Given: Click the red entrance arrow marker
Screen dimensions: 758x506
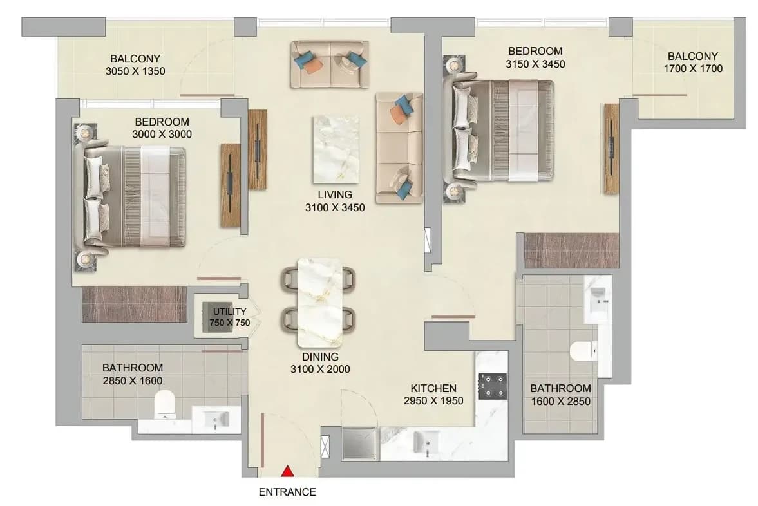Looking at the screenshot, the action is (288, 471).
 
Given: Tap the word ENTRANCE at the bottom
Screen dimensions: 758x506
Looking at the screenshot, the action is (287, 492).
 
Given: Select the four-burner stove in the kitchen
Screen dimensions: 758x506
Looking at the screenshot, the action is (493, 386).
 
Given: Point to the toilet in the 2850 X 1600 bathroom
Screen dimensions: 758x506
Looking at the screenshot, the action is (164, 404).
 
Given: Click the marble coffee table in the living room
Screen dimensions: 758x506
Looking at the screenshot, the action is (336, 149).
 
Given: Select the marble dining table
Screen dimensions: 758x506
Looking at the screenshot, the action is (319, 303).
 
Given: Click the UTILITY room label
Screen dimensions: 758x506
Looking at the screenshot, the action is (230, 311).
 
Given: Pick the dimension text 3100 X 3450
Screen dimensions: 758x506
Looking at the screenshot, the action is (334, 208).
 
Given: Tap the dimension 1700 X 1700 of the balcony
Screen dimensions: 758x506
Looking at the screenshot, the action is (693, 69).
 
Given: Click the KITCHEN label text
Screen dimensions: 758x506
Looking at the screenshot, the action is (433, 388).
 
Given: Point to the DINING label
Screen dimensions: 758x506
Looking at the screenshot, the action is (320, 357).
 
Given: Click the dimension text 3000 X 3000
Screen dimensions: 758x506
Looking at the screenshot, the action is (162, 135).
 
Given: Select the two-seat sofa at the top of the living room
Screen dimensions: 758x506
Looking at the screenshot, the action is (329, 64).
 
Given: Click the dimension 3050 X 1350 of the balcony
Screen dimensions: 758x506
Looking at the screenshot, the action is (135, 71).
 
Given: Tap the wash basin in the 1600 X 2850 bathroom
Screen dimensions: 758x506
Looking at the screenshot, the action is (598, 299).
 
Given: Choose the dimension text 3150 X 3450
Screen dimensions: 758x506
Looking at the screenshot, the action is (535, 64).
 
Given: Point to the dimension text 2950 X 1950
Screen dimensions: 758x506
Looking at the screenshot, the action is (433, 400).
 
